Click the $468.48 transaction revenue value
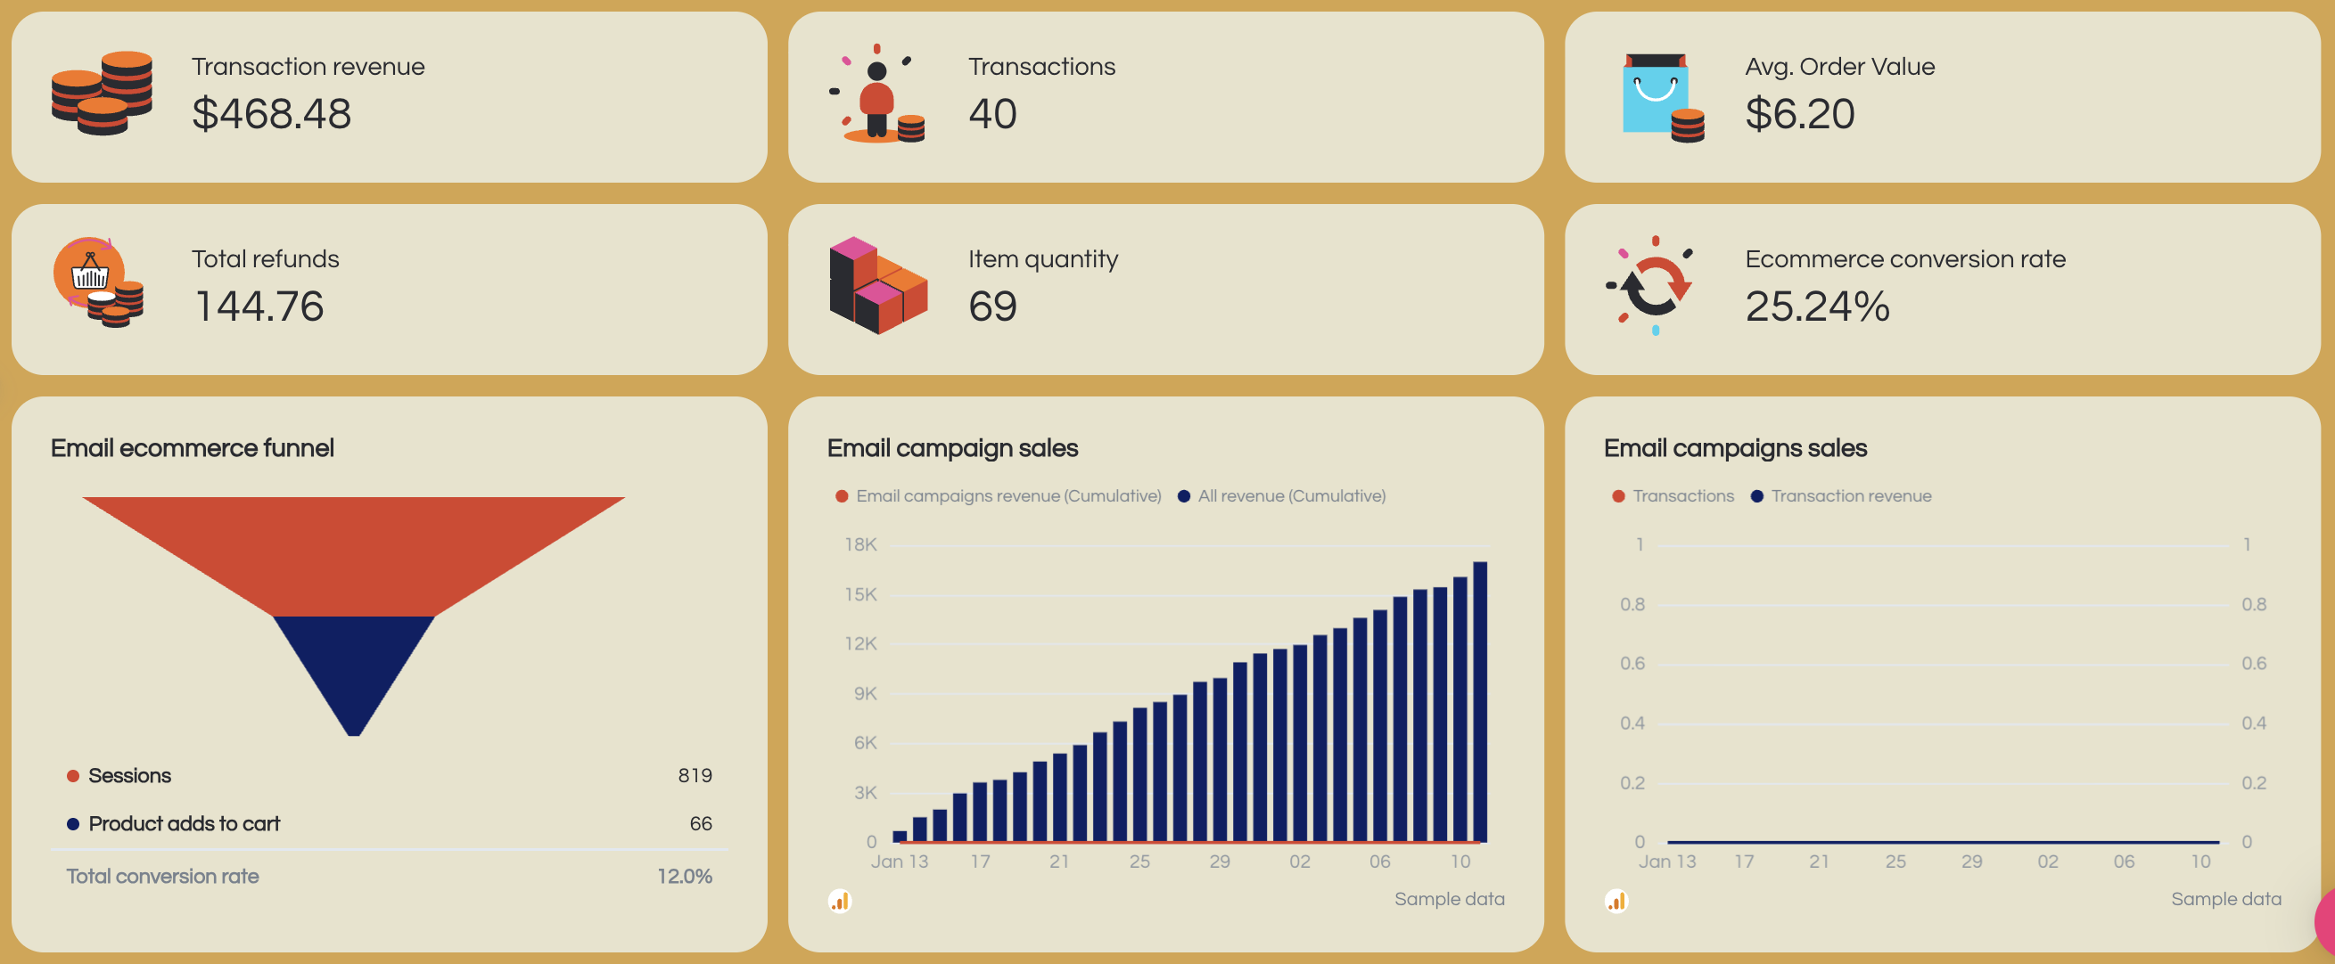271,114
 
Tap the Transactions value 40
991,114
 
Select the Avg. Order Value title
1839,66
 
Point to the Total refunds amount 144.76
259,306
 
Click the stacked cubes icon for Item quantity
876,285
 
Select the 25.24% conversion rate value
1816,306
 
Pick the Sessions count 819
695,775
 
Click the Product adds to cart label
184,823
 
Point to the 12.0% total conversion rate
685,876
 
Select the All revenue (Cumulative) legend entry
1290,496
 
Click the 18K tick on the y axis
860,544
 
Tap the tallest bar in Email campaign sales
1479,702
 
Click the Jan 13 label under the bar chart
900,862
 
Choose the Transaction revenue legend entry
1850,496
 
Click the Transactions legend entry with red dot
1682,496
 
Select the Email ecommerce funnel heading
193,448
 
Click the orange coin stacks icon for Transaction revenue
102,94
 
